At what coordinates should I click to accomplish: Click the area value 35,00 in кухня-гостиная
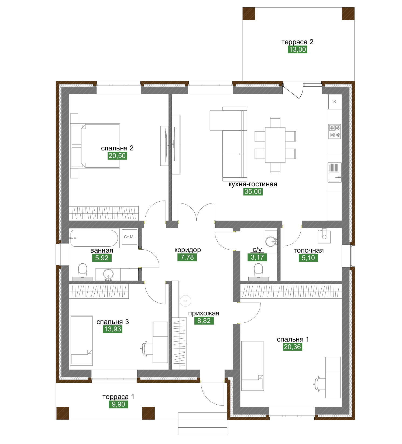click(253, 192)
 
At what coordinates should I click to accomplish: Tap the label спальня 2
click(117, 148)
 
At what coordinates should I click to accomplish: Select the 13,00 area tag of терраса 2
click(297, 50)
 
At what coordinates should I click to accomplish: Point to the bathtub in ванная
click(94, 238)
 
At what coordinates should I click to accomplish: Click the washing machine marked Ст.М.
click(129, 237)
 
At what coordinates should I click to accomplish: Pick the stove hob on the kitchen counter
click(335, 131)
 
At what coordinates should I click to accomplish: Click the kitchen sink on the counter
click(335, 172)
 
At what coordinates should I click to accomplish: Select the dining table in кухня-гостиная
click(275, 145)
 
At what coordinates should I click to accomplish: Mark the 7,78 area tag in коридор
click(187, 257)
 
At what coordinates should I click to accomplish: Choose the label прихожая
click(204, 313)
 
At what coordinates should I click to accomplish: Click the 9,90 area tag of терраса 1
click(118, 404)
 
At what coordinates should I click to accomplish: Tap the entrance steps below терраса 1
click(202, 424)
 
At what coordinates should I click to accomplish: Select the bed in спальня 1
click(253, 366)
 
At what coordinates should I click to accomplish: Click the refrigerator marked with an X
click(335, 102)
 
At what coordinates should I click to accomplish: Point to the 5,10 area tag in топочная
click(308, 258)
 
